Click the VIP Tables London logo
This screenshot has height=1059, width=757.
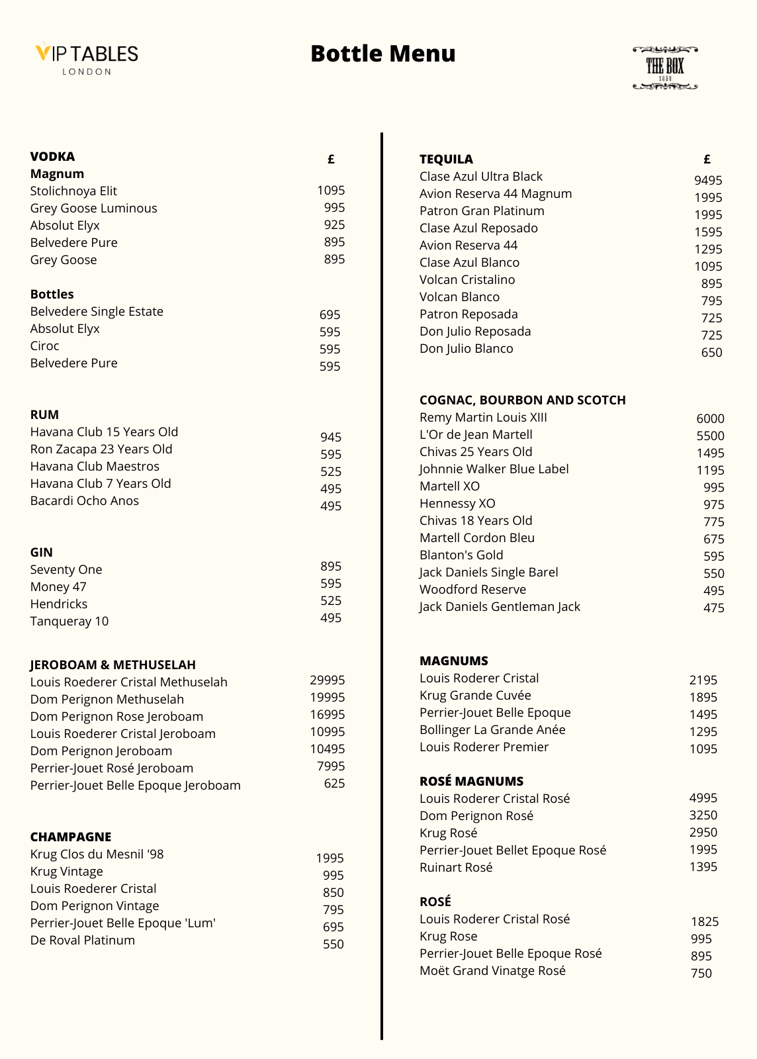tap(87, 59)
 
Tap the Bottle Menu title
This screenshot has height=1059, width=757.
tap(382, 54)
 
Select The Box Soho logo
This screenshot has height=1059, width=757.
tap(664, 68)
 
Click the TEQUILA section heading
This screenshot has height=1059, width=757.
tap(446, 160)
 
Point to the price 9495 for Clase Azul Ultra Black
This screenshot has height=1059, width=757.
tap(707, 181)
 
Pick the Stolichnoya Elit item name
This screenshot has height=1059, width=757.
tap(73, 191)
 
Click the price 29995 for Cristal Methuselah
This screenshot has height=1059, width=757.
tap(327, 680)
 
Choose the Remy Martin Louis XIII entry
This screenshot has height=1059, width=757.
tap(483, 418)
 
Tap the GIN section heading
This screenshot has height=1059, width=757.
tap(41, 553)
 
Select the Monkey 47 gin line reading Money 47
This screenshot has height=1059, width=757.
tap(58, 587)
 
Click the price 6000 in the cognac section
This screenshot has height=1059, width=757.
tap(709, 419)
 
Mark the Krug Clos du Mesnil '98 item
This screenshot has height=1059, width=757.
tap(97, 854)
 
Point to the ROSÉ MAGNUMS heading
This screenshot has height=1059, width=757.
tap(471, 782)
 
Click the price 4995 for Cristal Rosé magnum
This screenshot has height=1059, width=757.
tap(703, 798)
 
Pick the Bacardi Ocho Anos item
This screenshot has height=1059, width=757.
tap(84, 501)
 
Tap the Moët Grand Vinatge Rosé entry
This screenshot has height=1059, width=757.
tap(492, 971)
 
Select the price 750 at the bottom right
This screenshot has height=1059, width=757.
tap(701, 974)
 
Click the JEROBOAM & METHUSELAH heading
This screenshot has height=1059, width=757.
tap(112, 665)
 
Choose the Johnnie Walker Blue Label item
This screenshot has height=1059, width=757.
tap(494, 469)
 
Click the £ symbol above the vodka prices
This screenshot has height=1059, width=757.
tap(331, 160)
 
